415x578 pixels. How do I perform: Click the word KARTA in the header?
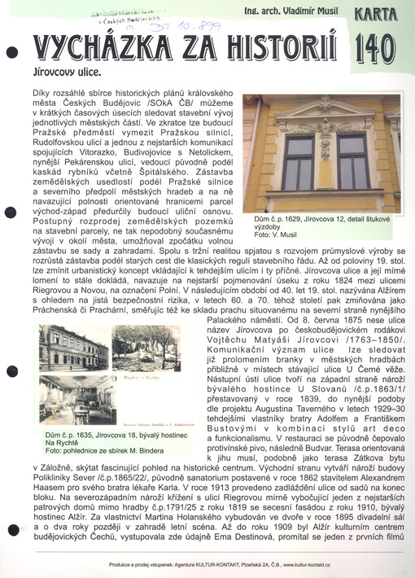[x=376, y=14]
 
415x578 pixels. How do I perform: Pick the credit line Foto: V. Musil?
[x=273, y=235]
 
